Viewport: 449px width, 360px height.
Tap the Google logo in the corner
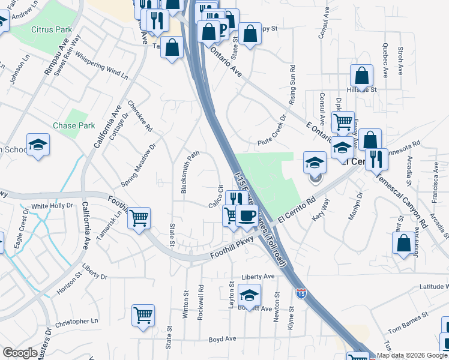point(20,353)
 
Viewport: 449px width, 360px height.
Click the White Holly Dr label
point(52,206)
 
